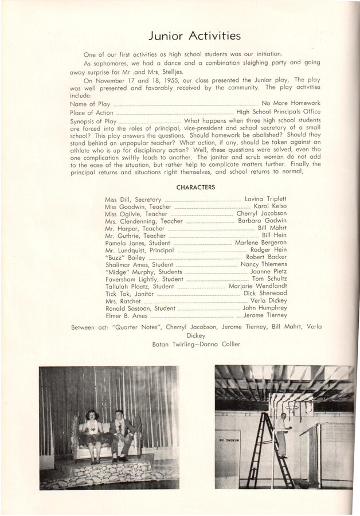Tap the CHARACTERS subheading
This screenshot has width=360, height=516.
[195, 187]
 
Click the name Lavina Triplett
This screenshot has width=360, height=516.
[265, 199]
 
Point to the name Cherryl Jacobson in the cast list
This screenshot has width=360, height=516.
[261, 214]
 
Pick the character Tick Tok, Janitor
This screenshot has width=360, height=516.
[130, 294]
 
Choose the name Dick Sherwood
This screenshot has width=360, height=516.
[265, 294]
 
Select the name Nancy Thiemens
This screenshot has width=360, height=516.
[263, 264]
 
